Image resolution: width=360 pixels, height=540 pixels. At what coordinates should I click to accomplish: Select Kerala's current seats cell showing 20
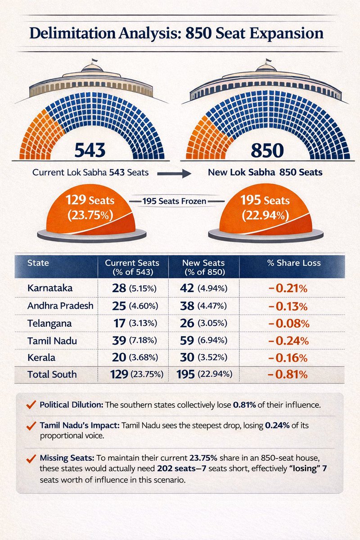click(118, 358)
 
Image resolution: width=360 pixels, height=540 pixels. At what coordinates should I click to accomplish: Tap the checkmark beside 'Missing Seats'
click(31, 459)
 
